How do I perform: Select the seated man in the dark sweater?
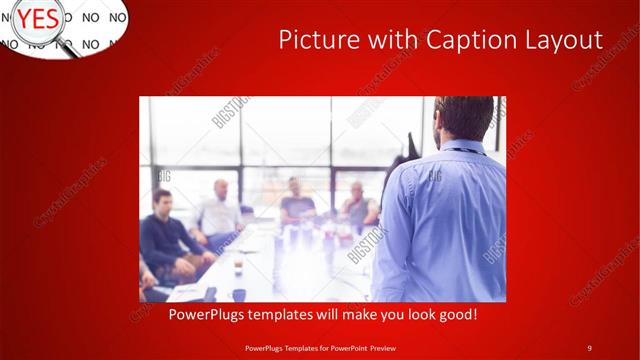click(x=165, y=240)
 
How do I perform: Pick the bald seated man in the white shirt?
click(x=219, y=210)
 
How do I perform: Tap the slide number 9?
click(x=589, y=347)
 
